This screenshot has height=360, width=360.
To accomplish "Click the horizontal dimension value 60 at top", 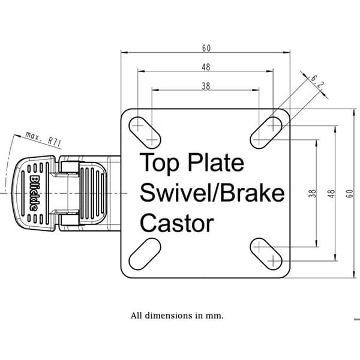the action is tap(206, 48).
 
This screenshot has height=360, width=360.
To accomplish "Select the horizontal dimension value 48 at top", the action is tap(206, 67).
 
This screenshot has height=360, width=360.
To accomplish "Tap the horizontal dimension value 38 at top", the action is tap(206, 86).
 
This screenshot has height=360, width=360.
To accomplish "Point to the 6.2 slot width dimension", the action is tap(317, 82).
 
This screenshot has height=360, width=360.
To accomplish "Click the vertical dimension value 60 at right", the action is tap(349, 193).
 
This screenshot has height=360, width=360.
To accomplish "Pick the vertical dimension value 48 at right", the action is tap(331, 193).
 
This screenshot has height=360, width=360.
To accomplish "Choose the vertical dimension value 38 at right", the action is tap(313, 193).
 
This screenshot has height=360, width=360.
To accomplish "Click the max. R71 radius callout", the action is tap(43, 139).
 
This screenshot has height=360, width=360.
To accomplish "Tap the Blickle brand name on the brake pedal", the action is tap(34, 193).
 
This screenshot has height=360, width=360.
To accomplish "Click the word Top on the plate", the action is tap(160, 163).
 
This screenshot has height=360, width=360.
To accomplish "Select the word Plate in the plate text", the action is tap(216, 162).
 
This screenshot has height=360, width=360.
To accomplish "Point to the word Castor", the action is tap(177, 223).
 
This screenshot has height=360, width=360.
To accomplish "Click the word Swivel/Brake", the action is tap(212, 193).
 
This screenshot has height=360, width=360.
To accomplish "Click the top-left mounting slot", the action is tap(145, 133).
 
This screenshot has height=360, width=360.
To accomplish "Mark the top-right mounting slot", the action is tap(266, 133).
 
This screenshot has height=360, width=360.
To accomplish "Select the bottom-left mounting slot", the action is tap(145, 254).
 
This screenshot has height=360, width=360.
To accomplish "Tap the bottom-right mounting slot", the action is tap(266, 254).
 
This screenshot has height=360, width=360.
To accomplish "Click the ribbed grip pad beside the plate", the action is tap(93, 193).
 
